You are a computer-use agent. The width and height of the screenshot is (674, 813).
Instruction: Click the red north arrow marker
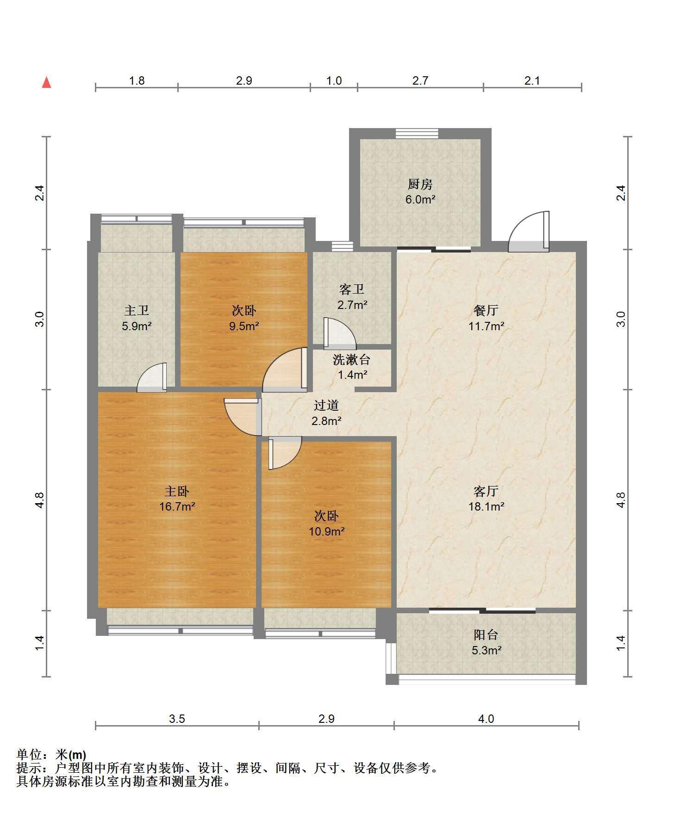[46, 82]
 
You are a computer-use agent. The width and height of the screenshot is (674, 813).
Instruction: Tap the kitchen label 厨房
[420, 184]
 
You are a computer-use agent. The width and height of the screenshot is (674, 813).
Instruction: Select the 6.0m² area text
[420, 200]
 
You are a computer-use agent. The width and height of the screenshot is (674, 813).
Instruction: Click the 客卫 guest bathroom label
[352, 289]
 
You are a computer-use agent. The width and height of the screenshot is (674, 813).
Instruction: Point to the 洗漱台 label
[352, 359]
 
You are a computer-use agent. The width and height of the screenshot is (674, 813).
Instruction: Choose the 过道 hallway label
[326, 406]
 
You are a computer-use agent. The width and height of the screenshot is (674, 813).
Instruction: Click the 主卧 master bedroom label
[177, 491]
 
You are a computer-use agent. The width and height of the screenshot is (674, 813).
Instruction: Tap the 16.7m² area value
[177, 506]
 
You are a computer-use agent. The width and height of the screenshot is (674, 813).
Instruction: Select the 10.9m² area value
[326, 531]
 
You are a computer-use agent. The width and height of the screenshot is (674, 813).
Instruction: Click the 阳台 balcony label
[486, 635]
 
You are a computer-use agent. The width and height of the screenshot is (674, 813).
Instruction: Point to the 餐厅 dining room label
[486, 310]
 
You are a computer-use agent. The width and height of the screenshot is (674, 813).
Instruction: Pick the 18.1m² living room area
[486, 506]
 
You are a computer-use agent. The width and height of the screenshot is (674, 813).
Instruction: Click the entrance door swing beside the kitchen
[529, 232]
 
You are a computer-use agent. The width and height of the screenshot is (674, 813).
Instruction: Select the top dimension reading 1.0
[334, 81]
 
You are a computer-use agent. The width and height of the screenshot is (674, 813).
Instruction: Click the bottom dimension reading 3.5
[177, 719]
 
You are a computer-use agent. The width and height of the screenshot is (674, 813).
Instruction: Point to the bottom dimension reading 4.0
[486, 719]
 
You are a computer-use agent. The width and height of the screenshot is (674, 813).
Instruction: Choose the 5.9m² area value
[137, 326]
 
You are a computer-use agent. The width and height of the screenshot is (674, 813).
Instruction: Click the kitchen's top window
[417, 133]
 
